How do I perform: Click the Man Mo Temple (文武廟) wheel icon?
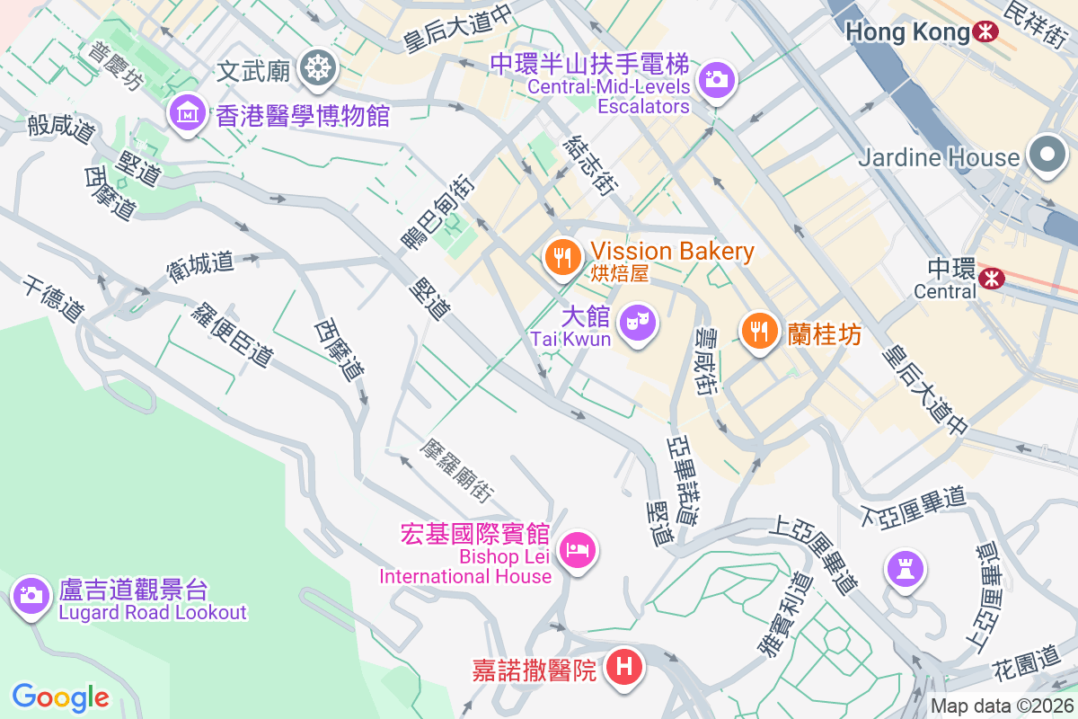(x=317, y=67)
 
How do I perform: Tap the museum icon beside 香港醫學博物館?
(x=187, y=113)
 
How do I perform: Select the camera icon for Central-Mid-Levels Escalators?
(x=716, y=80)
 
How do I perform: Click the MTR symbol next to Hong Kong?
(x=986, y=32)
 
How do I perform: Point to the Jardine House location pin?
(x=1047, y=155)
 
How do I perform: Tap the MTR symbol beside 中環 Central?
(x=992, y=278)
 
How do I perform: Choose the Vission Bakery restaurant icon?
(x=563, y=258)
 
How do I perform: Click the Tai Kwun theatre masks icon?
(x=639, y=321)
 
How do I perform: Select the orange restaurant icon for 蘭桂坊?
(x=760, y=332)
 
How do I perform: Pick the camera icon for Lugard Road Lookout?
(x=31, y=594)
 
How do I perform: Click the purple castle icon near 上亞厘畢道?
(x=905, y=568)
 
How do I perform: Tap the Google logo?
(x=60, y=697)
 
